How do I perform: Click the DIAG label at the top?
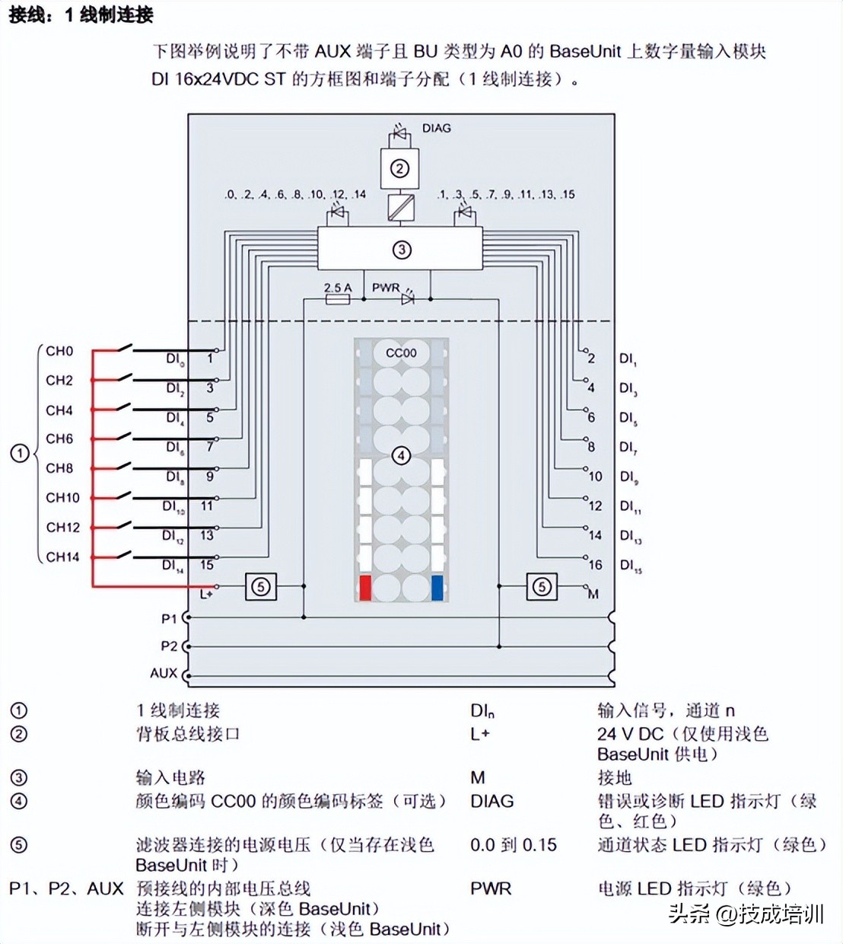[x=436, y=128]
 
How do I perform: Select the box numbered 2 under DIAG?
[x=399, y=168]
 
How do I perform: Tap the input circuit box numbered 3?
[x=401, y=250]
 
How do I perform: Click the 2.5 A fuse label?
[x=337, y=288]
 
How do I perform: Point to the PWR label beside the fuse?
[x=385, y=288]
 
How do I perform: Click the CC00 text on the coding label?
[x=401, y=352]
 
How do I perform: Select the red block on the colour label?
[x=365, y=588]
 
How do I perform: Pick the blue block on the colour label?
[x=437, y=588]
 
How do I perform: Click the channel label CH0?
[x=59, y=351]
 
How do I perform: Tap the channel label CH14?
[x=62, y=557]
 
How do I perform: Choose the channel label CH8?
[x=59, y=468]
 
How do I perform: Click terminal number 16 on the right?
[x=595, y=565]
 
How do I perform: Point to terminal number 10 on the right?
[x=595, y=477]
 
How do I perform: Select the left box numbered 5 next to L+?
[x=261, y=587]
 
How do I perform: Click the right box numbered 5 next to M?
[x=542, y=587]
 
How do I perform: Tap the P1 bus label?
[x=168, y=619]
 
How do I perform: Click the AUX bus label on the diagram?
[x=163, y=673]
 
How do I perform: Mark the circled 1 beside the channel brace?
[x=19, y=454]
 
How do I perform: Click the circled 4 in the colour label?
[x=401, y=456]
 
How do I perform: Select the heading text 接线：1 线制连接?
[x=81, y=14]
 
